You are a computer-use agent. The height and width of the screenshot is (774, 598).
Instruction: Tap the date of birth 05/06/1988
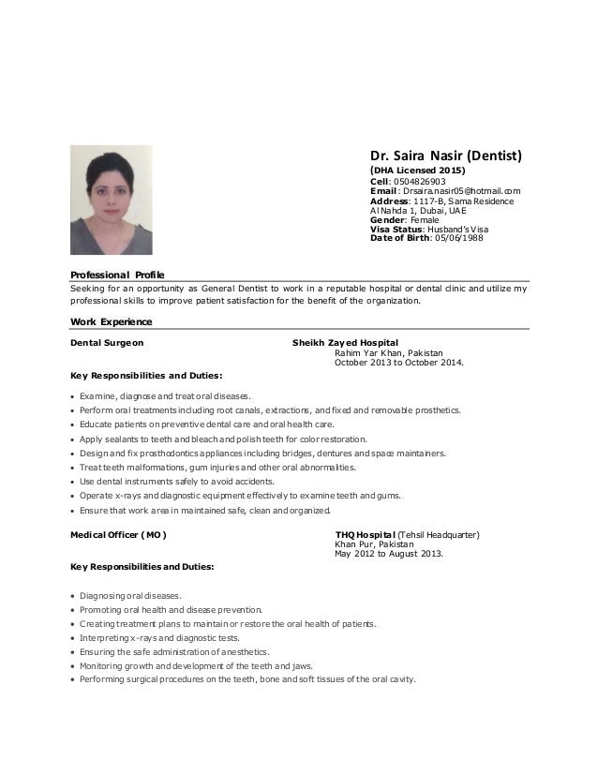point(456,238)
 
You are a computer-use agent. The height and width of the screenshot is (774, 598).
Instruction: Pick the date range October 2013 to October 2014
point(397,363)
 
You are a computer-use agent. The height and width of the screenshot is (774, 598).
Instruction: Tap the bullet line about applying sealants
point(224,439)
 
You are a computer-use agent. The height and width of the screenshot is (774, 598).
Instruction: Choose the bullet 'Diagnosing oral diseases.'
point(131,596)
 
